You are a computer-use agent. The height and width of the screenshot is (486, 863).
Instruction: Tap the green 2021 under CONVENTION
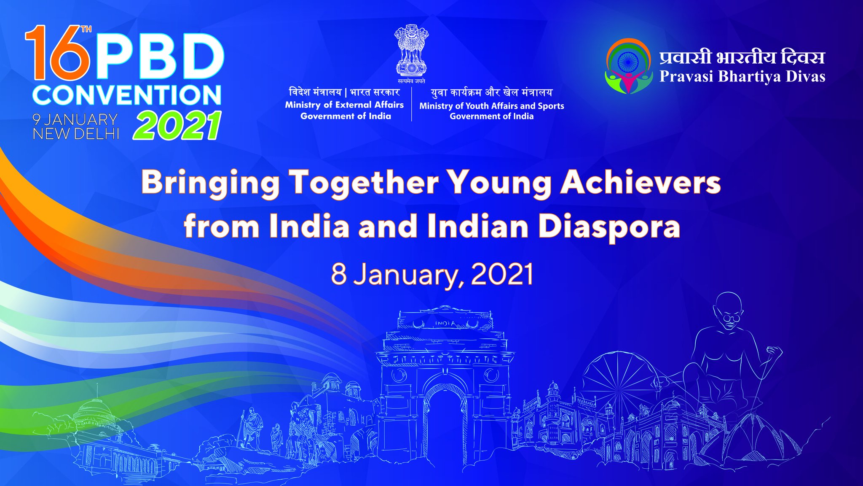pos(177,125)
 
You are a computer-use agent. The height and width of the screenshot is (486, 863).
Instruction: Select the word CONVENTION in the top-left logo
pos(127,95)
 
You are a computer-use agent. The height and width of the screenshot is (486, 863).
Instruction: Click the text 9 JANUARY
pos(75,119)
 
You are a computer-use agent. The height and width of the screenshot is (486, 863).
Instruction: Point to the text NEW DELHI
pos(76,134)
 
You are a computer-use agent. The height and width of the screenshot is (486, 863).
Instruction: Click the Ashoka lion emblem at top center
pos(411,51)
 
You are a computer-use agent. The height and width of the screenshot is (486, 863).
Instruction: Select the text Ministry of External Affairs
pos(344,105)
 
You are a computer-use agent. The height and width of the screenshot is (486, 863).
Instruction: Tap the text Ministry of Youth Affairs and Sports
pos(491,106)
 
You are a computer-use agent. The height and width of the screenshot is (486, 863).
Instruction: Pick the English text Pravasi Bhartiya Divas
pos(742,76)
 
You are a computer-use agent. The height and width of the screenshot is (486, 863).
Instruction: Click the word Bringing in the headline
pos(210,183)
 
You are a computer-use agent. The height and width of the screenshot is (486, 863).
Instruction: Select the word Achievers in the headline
pos(640,182)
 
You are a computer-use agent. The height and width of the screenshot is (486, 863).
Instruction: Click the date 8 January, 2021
pos(432,275)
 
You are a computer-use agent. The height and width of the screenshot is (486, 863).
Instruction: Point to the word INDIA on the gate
pos(445,324)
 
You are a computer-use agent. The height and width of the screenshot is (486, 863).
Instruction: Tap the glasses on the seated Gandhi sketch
pos(732,319)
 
